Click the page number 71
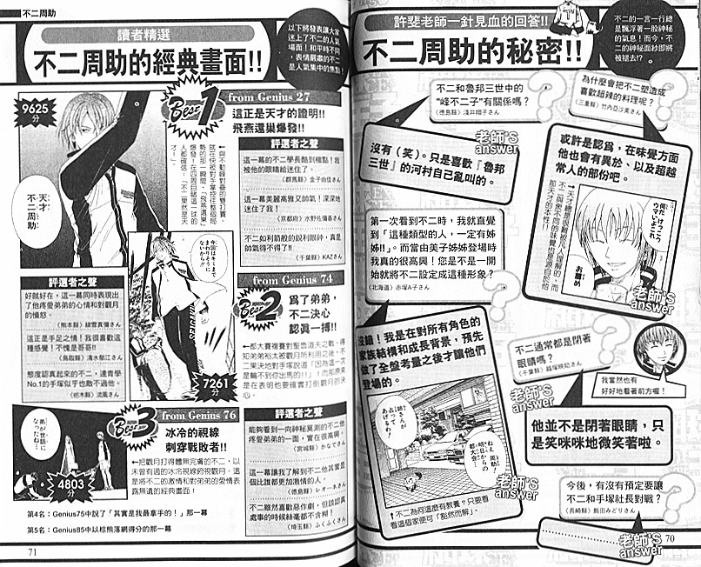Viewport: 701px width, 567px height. [34, 549]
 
